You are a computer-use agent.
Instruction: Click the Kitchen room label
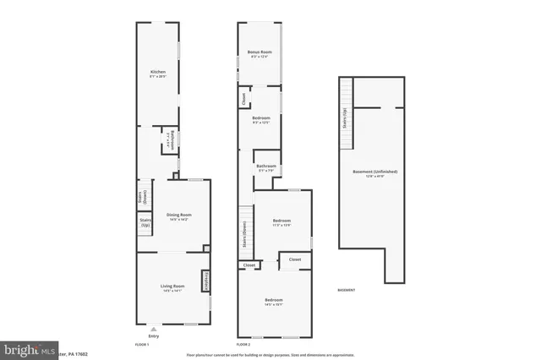click(157, 74)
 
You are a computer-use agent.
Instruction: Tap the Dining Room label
click(178, 217)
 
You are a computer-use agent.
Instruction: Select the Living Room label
click(172, 289)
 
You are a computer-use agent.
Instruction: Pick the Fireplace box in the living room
click(205, 281)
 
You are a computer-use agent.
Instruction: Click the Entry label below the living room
click(153, 335)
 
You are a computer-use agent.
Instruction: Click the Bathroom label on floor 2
click(266, 168)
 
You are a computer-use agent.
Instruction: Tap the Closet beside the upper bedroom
click(243, 101)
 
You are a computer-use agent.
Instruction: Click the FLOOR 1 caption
click(142, 346)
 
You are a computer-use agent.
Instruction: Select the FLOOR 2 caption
click(243, 346)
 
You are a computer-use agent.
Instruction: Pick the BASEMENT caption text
click(347, 290)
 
